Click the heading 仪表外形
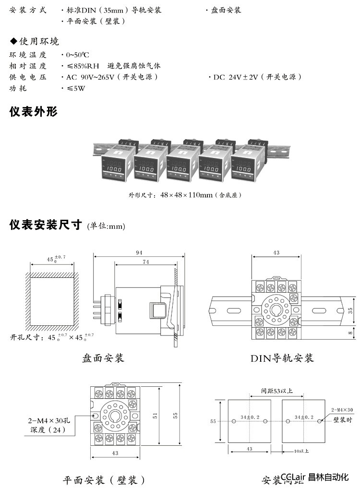pos(33,112)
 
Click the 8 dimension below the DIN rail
pos(349,332)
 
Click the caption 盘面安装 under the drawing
pos(103,358)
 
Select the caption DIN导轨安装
pos(282,358)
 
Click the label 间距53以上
pos(275,391)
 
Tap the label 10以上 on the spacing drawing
pos(301,451)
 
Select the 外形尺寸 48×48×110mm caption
pos(184,195)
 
